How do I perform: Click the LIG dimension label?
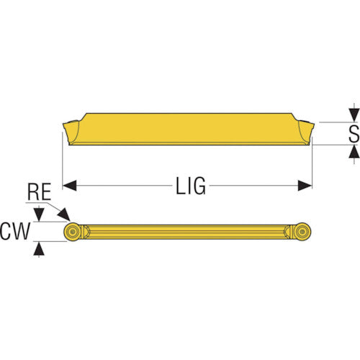(x=191, y=186)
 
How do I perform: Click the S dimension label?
(x=354, y=134)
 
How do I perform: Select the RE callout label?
(x=40, y=192)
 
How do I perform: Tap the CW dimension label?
(x=15, y=231)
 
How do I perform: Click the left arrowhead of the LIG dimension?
(x=69, y=186)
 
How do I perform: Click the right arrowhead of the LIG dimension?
(x=305, y=186)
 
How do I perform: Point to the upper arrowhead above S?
(x=354, y=115)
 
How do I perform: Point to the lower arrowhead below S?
(x=354, y=152)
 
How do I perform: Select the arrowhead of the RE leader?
(x=64, y=215)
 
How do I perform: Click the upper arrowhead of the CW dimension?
(x=39, y=215)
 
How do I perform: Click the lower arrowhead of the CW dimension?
(x=39, y=248)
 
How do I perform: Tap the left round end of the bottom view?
(x=72, y=232)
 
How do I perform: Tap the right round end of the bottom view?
(x=302, y=232)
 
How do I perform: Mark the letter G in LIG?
(x=199, y=186)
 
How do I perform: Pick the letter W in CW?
(x=22, y=231)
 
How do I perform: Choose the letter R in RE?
(x=33, y=192)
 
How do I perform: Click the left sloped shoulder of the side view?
(x=82, y=117)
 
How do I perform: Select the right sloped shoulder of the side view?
(x=294, y=117)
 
